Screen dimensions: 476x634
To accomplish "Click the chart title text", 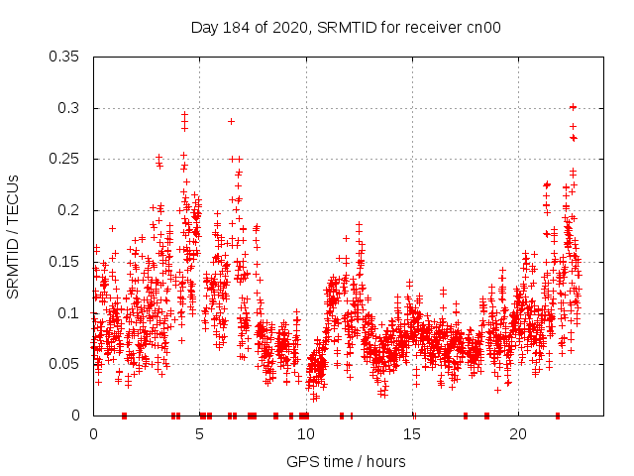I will (x=346, y=28).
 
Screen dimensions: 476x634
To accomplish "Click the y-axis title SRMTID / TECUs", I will (x=14, y=236).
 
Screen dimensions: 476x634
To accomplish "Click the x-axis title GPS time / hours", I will (x=346, y=461).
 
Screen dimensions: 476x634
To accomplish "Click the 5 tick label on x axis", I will (x=200, y=434).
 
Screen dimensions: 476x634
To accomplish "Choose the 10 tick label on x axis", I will (x=306, y=434).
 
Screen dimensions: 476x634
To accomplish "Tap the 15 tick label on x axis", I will (x=412, y=434).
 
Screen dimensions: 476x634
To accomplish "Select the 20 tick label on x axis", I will (x=518, y=434).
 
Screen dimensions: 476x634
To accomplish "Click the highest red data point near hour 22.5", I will (x=573, y=107).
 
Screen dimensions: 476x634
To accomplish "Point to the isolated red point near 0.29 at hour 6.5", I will (x=231, y=121).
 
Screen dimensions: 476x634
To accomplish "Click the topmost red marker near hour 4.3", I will (x=184, y=115).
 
